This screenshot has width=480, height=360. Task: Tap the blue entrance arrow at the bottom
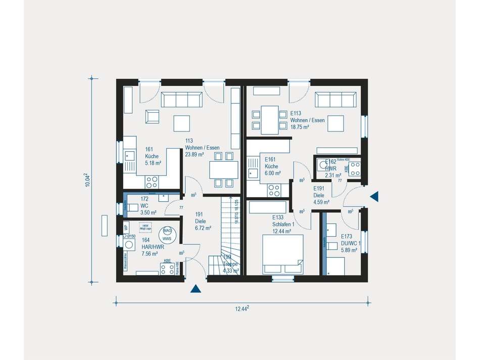(196, 289)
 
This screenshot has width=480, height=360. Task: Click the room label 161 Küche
(153, 156)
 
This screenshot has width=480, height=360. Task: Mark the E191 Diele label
(321, 195)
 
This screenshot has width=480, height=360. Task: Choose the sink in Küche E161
(253, 174)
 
